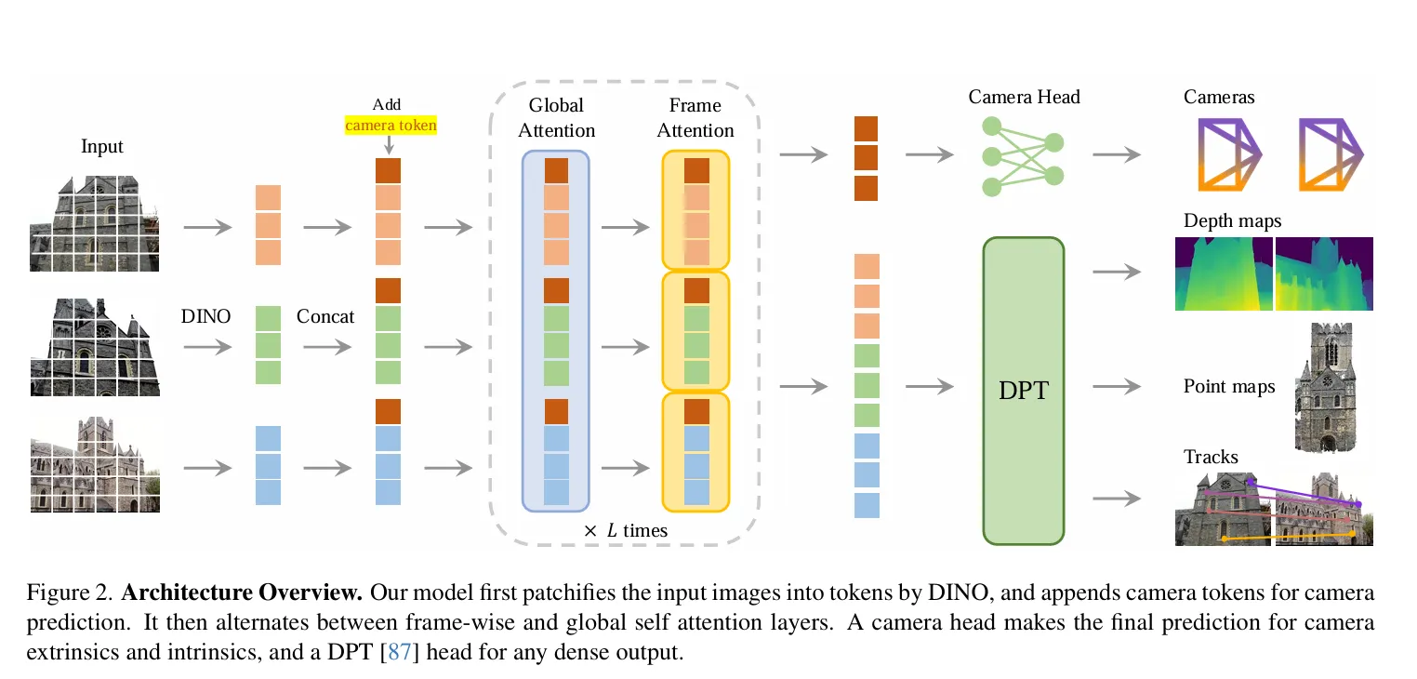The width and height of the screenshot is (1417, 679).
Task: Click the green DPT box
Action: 1023,391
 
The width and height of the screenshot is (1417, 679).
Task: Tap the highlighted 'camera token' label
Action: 391,125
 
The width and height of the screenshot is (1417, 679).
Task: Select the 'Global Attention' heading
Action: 556,118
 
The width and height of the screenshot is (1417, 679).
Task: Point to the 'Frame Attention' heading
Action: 695,118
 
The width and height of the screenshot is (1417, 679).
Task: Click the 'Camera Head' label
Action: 1024,97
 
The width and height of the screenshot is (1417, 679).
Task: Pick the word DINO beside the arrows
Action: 205,317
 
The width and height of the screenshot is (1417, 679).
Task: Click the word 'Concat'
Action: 325,317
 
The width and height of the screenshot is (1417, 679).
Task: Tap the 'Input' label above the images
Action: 101,147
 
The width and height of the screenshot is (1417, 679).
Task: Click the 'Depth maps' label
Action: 1232,221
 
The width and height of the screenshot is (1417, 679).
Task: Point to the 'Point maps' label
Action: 1228,386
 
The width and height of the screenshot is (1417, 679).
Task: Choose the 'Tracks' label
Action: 1211,457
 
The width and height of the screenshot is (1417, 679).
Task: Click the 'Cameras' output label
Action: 1218,97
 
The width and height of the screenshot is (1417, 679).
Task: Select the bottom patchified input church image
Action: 95,464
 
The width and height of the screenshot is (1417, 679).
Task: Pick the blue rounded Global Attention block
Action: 556,330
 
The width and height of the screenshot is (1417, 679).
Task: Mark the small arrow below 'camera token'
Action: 389,145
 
